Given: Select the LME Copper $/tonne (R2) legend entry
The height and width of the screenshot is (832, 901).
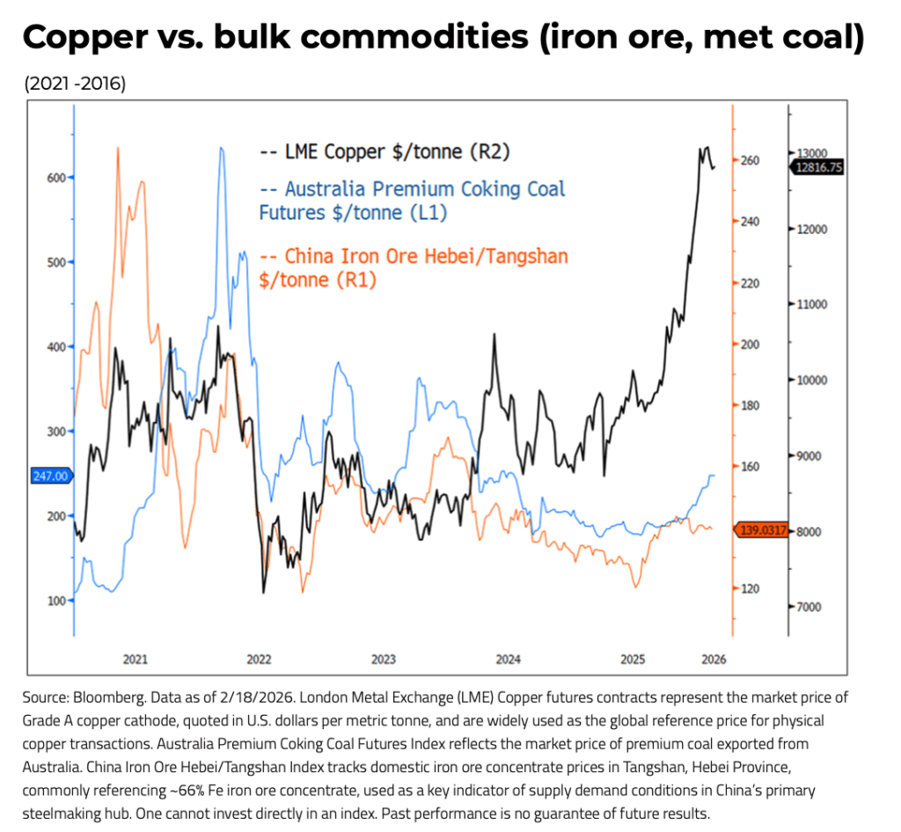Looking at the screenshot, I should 385,151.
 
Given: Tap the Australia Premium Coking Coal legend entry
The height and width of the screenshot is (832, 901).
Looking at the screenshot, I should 413,200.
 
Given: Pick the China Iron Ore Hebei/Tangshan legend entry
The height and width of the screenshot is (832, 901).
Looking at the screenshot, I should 414,267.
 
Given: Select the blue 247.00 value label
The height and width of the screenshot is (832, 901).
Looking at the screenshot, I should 50,475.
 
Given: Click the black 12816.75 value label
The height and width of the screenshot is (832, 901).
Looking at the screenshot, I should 817,166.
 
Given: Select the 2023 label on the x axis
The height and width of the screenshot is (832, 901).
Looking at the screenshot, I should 384,659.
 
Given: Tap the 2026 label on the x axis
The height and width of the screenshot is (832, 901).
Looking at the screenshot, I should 714,659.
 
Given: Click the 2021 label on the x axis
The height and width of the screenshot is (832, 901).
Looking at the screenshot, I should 135,659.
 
